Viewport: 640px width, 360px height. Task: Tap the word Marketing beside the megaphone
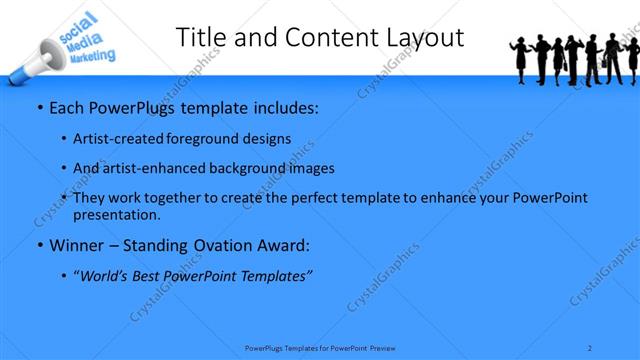(93, 57)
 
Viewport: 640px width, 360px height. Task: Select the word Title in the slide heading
(201, 37)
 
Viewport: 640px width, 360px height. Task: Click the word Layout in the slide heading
(424, 37)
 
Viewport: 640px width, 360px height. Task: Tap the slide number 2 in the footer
(590, 347)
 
